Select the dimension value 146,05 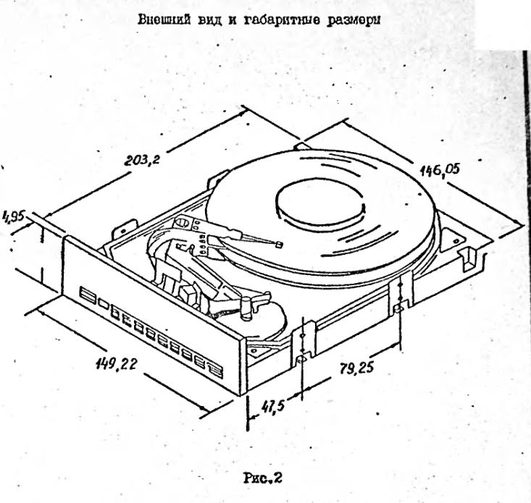click(440, 172)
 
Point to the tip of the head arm click(279, 245)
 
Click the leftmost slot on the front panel click(88, 295)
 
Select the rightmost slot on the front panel click(215, 370)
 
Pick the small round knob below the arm click(246, 308)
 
